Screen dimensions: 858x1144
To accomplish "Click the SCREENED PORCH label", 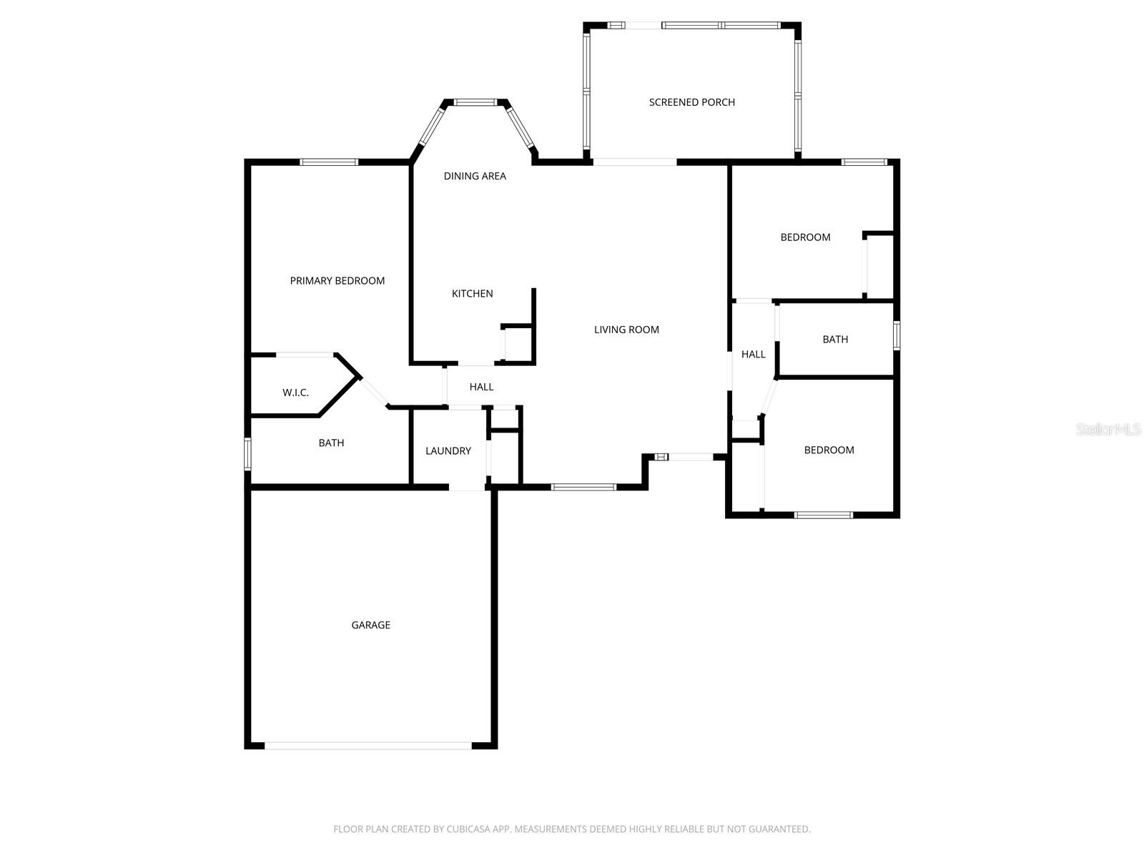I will coord(691,102).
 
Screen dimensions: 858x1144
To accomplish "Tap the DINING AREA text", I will coord(475,176).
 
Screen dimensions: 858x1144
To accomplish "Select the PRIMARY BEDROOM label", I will coord(337,281).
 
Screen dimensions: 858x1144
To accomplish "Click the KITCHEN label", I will coord(472,293).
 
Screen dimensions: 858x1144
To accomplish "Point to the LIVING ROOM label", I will coord(626,330).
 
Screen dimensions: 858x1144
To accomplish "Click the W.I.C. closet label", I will coord(295,393).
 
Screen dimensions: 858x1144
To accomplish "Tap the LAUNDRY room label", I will coord(448,451).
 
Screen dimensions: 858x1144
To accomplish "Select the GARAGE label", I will coord(370,625).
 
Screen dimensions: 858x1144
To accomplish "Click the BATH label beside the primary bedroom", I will coord(331,443).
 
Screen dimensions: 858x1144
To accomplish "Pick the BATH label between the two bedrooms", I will coord(835,340).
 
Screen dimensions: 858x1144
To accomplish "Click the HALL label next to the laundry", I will coord(481,387).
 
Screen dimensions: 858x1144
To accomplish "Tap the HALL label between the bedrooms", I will coord(753,355).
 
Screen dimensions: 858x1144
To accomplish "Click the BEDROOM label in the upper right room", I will coord(805,237).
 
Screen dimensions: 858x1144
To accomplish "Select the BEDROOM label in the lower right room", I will coord(829,450).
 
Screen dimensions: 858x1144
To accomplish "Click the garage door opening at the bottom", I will coord(368,745).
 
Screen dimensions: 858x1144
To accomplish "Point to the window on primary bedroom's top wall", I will coord(329,162).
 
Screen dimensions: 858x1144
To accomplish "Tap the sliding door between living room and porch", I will coord(634,162).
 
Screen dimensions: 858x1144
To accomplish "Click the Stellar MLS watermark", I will coord(1108,430).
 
